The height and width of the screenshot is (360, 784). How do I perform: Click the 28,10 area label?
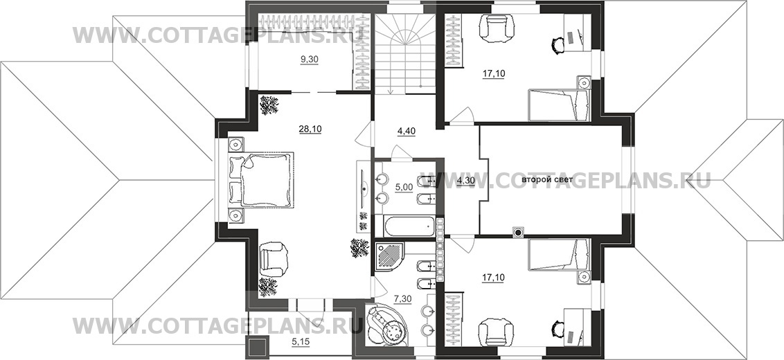tap(310, 129)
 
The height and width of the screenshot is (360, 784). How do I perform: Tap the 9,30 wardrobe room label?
tap(310, 60)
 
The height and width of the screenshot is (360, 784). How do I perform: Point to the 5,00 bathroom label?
tap(404, 187)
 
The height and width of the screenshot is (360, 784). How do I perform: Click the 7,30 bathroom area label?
tap(404, 298)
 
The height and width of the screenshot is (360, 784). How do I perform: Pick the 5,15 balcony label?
tap(301, 343)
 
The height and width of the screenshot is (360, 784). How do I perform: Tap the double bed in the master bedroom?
tap(260, 179)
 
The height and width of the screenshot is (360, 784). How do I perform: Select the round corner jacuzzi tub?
tap(387, 325)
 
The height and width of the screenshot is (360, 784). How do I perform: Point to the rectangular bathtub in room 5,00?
tap(409, 226)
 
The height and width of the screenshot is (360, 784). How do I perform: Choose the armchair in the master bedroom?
tap(274, 258)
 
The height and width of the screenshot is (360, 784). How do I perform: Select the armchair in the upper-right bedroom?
tap(496, 27)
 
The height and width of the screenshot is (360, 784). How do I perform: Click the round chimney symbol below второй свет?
tap(519, 232)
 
